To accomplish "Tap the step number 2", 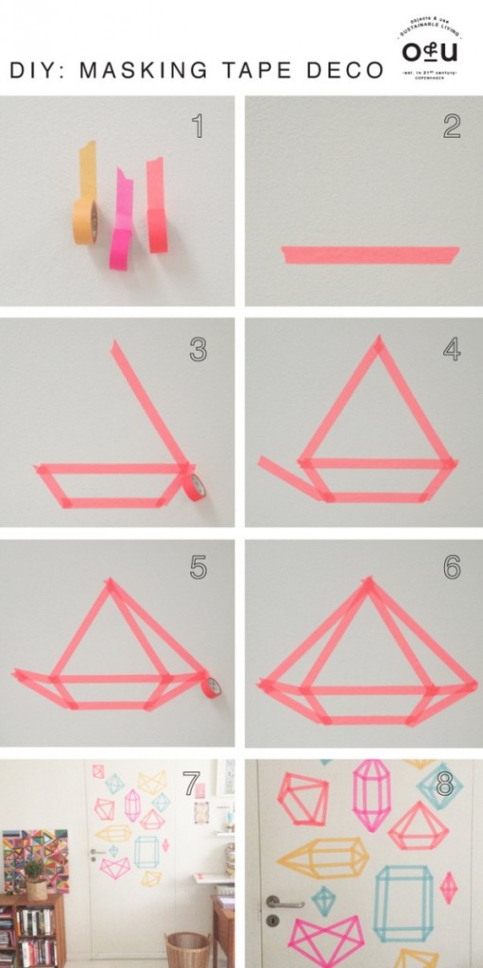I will [451, 127].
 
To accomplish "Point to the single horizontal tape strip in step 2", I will [370, 254].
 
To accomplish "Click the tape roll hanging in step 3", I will [195, 486].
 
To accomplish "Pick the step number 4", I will [451, 349].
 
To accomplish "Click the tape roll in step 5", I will [211, 685].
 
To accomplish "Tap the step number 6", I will [451, 567].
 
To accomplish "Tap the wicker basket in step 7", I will [187, 948].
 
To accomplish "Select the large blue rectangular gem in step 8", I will [404, 903].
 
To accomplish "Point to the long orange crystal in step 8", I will [322, 858].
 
